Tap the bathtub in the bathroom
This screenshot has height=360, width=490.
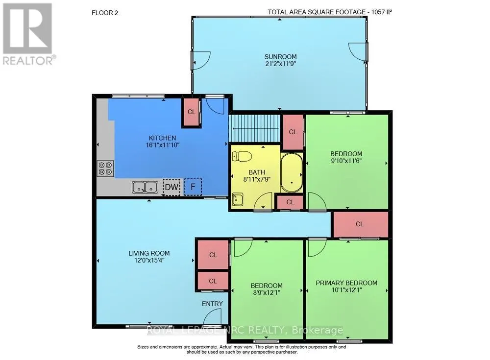(x=292, y=173)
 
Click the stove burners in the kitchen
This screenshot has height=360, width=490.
(x=105, y=168)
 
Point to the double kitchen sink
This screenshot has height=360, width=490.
(x=145, y=187)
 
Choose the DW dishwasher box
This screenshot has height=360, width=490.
(x=171, y=187)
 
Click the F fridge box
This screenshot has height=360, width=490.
(x=193, y=187)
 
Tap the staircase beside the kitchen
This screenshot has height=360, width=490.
(x=254, y=128)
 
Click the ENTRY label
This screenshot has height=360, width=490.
(x=212, y=304)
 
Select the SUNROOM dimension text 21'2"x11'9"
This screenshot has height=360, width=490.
(x=279, y=64)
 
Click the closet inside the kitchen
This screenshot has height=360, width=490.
(x=191, y=112)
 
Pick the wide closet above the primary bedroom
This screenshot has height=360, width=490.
(x=360, y=224)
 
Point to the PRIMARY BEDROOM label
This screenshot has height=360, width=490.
(x=346, y=283)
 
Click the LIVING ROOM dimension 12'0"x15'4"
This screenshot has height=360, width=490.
(x=149, y=261)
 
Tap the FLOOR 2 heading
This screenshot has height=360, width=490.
(x=104, y=12)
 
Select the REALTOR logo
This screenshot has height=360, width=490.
(x=28, y=34)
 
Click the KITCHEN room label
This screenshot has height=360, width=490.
(x=162, y=138)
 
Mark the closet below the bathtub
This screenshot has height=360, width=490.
(x=290, y=202)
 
